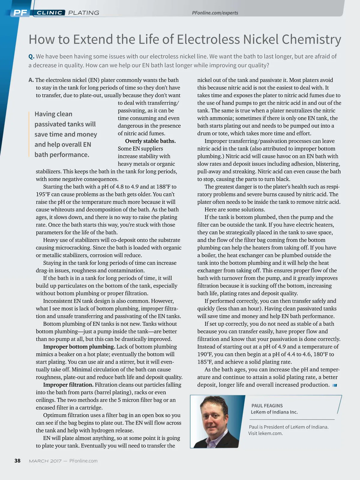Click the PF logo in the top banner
click(x=20, y=13)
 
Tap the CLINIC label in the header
click(x=49, y=13)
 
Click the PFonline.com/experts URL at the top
click(x=215, y=13)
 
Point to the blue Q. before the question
click(x=31, y=56)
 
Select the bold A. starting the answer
click(x=31, y=80)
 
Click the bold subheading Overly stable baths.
click(x=150, y=141)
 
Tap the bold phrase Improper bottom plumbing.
click(x=79, y=347)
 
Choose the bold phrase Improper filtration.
click(x=68, y=385)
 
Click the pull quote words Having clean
click(x=53, y=114)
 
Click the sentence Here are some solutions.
click(x=235, y=210)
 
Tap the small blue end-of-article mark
click(x=335, y=385)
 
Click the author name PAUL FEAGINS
click(x=267, y=406)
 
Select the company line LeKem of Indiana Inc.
click(x=274, y=412)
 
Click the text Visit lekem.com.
click(x=265, y=433)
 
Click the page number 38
click(x=17, y=461)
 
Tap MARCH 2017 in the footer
click(x=45, y=461)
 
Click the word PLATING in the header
click(x=84, y=13)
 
